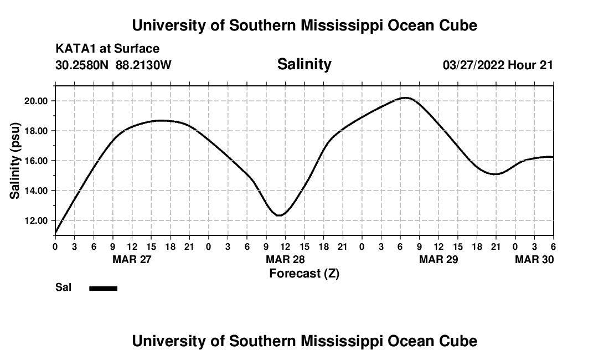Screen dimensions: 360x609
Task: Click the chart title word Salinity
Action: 304,64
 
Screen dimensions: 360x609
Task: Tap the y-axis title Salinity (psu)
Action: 15,160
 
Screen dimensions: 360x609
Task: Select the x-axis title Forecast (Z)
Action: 304,274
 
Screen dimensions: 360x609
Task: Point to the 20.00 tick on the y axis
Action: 35,101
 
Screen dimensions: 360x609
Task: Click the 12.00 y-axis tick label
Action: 35,220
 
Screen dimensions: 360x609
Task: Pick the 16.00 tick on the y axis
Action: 35,161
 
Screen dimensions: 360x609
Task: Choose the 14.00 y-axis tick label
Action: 35,191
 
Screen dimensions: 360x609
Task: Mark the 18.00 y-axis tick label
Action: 35,131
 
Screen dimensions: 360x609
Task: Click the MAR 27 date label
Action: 132,260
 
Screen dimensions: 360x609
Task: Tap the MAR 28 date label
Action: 285,260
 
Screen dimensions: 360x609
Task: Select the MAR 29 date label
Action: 438,260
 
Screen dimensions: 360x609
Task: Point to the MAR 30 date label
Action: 534,260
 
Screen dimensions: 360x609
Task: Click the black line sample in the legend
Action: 104,288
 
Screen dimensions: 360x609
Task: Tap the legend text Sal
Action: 63,287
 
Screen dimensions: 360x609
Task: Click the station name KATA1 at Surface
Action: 107,49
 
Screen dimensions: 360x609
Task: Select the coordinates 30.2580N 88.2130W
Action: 113,65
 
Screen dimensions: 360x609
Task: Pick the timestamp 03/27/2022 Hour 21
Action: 498,65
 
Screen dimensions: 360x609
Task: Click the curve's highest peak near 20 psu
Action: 406,98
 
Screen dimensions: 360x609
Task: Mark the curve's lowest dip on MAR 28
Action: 280,215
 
